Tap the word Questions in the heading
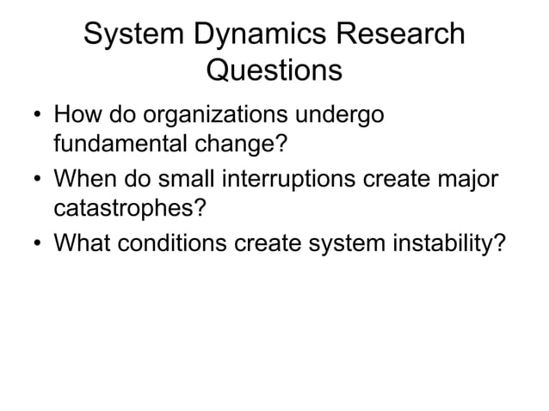click(274, 70)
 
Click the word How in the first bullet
click(75, 114)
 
